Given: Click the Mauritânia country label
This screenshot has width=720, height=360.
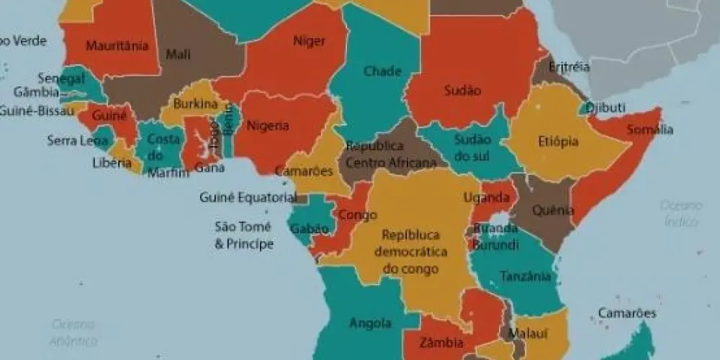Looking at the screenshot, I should click(117, 46).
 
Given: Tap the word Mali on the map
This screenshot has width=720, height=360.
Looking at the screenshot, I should click(178, 54).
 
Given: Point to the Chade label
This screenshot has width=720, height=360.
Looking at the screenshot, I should click(382, 71).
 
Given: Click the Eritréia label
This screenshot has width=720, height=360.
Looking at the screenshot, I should click(569, 67).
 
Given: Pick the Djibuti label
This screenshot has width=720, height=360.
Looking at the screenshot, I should click(605, 107).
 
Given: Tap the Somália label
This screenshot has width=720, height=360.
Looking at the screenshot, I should click(649, 130).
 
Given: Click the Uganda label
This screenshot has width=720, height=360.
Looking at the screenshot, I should click(482, 197).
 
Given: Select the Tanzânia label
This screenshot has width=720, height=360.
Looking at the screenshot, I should click(526, 276).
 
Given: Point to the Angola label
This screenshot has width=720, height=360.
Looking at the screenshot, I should click(370, 323).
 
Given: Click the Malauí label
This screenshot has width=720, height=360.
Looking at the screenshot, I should click(523, 333).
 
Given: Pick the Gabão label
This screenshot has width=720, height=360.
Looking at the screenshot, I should click(310, 229).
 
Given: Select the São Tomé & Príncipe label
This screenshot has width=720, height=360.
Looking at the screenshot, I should click(244, 235).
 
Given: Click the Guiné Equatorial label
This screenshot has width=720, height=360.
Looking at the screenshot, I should click(248, 197).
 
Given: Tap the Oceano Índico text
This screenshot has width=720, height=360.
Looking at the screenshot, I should click(680, 213).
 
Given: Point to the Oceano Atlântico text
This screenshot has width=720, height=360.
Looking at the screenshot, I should click(73, 333).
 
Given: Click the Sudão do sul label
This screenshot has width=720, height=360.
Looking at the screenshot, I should click(473, 147).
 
